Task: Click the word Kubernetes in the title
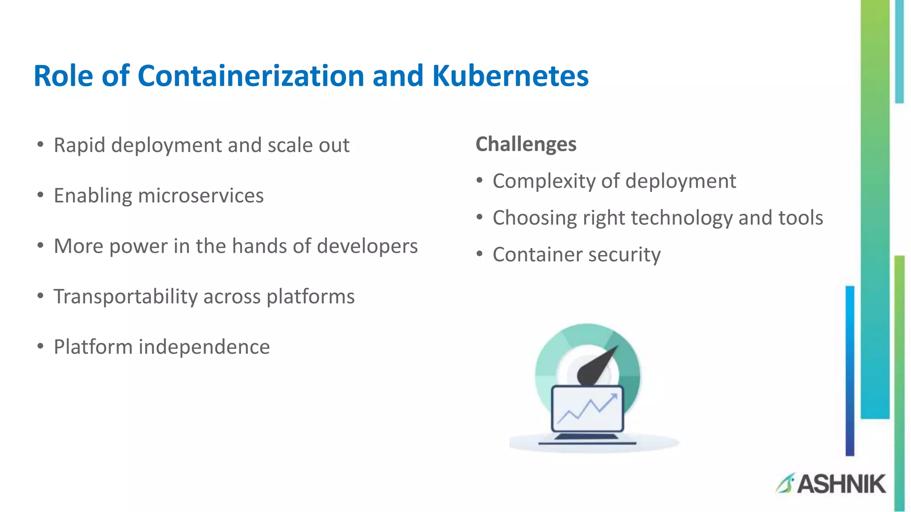pos(510,76)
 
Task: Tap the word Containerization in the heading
pos(251,76)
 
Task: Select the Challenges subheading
pos(526,144)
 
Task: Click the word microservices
pos(201,196)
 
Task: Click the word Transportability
pos(125,296)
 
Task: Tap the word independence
pos(204,347)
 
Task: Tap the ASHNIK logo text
pos(841,484)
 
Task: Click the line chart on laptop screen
pos(587,409)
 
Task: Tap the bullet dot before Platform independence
pos(40,346)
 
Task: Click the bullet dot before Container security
pos(479,254)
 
